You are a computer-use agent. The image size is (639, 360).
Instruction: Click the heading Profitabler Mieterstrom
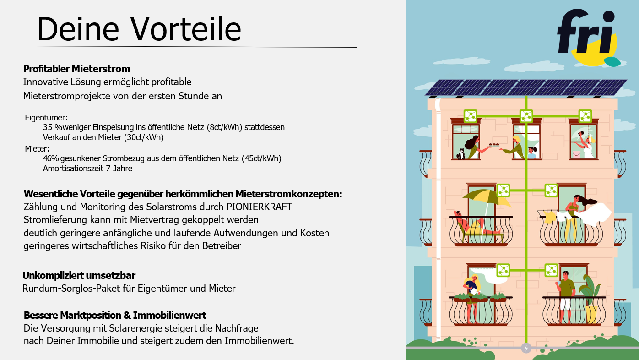coord(76,69)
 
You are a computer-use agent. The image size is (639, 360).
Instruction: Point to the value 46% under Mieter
coord(51,158)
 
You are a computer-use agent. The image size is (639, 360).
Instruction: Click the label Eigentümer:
coord(46,118)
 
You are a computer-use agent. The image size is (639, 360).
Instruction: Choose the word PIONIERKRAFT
coord(260,207)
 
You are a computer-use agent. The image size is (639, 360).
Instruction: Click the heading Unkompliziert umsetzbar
coord(79,275)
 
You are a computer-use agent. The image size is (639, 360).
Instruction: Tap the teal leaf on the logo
coord(612,62)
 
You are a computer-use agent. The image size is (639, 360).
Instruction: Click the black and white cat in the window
coord(460,154)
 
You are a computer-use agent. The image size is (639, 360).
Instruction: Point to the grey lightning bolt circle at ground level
coord(526,348)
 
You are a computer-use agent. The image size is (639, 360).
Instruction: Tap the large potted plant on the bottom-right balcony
coord(590,297)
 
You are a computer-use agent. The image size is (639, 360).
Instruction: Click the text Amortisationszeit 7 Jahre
coord(87,169)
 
